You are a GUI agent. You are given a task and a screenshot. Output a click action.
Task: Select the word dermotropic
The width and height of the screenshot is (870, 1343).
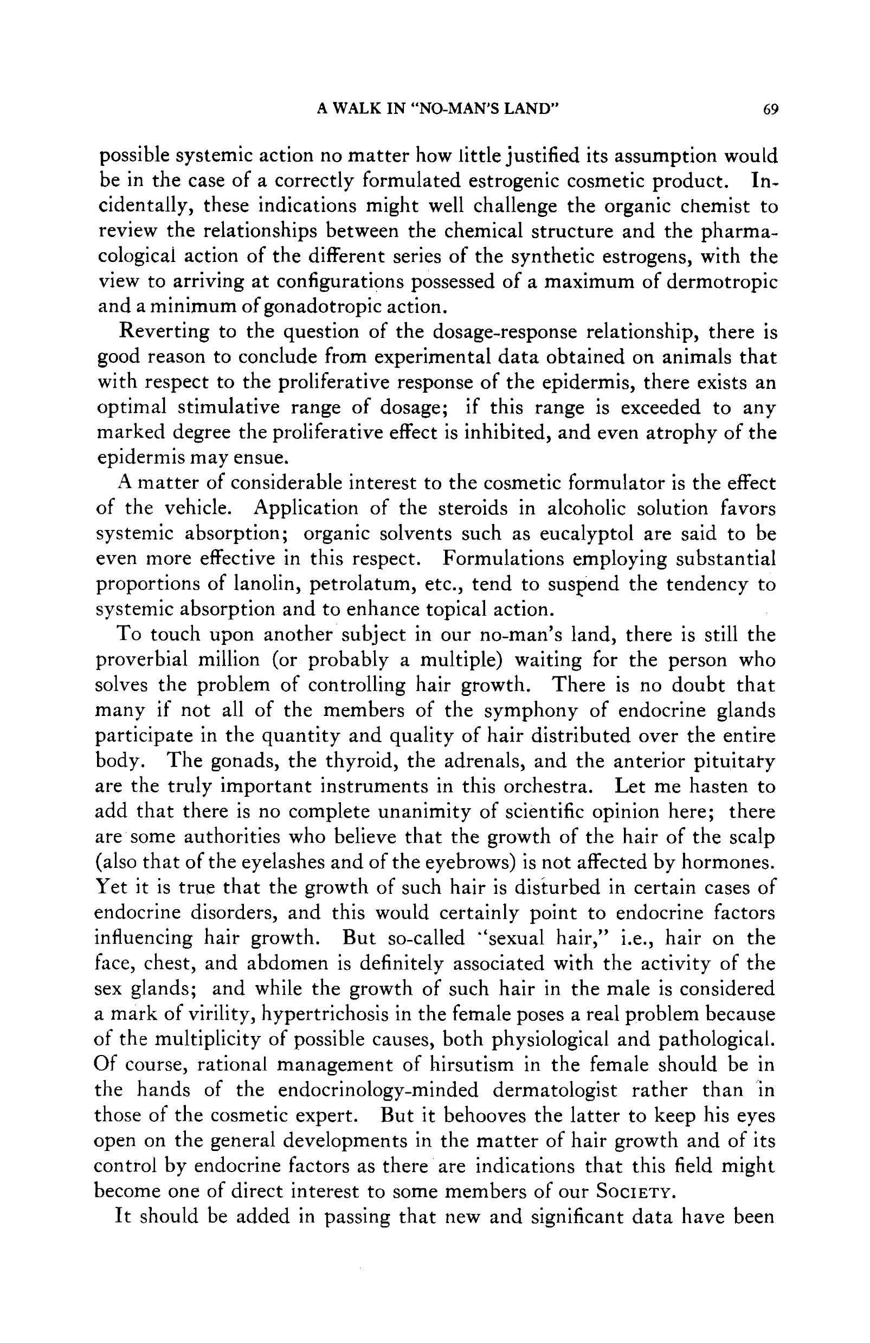pos(721,281)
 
